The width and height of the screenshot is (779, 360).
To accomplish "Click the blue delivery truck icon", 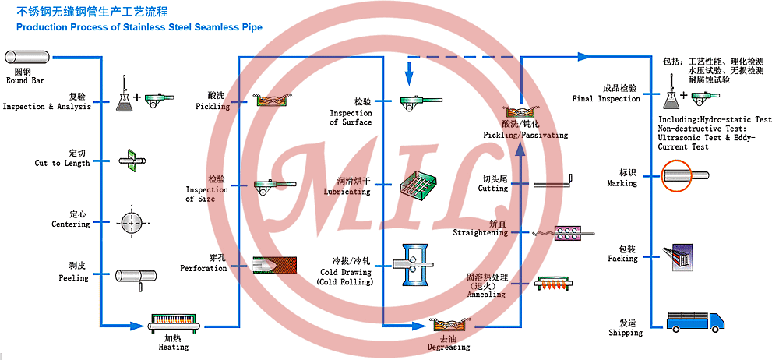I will [695, 321].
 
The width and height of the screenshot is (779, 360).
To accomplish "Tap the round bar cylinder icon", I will [28, 57].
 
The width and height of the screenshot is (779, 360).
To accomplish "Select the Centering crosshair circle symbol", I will [132, 222].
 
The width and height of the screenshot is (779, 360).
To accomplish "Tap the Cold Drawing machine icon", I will [417, 266].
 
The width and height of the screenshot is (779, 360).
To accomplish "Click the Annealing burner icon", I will [559, 284].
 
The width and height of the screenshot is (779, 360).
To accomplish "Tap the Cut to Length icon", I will [130, 159].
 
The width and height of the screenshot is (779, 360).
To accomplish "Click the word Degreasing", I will [449, 347].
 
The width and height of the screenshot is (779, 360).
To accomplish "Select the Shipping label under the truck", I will [626, 333].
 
